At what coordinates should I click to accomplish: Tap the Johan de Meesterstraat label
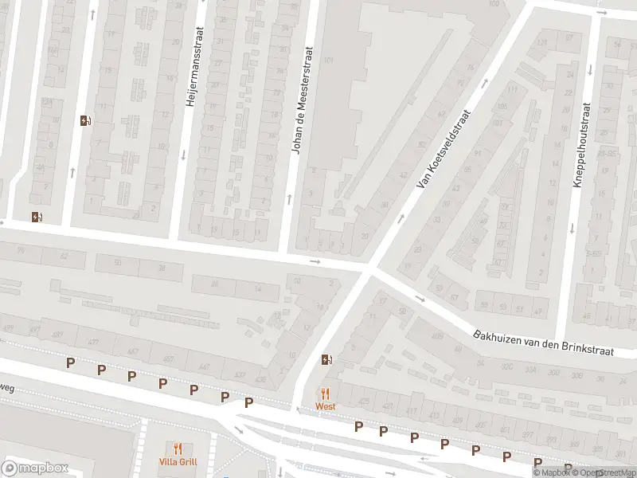[x=303, y=100]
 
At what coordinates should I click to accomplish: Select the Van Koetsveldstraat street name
[x=444, y=149]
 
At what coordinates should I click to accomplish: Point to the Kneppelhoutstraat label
[x=583, y=145]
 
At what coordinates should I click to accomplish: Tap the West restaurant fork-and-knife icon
[x=325, y=394]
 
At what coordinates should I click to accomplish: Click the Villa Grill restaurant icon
[x=178, y=449]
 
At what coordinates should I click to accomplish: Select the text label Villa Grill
[x=178, y=462]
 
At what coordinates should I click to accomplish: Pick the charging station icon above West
[x=326, y=360]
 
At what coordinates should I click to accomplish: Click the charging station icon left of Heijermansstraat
[x=85, y=121]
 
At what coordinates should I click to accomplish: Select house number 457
[x=167, y=359]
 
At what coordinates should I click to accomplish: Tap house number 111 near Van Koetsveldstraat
[x=512, y=90]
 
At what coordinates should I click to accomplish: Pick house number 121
[x=544, y=43]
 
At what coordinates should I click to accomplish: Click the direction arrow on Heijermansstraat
[x=184, y=155]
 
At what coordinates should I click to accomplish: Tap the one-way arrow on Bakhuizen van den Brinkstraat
[x=420, y=300]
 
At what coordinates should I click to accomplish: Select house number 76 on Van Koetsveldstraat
[x=471, y=67]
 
